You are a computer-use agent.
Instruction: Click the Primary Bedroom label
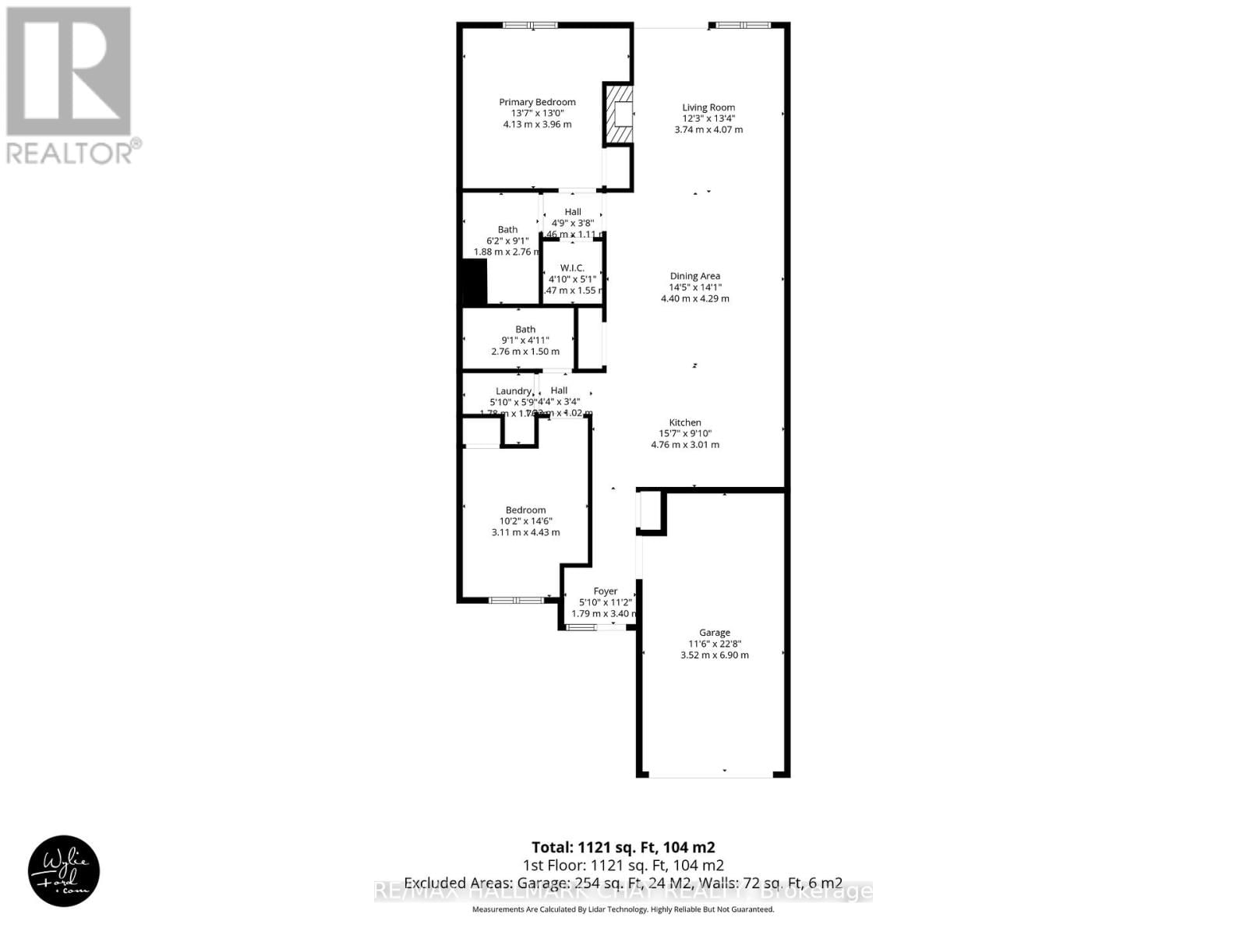click(537, 102)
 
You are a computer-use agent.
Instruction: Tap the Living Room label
click(708, 108)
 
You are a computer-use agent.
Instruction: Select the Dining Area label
click(695, 276)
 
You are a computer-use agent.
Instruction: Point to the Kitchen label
click(685, 422)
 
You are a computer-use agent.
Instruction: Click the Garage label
click(715, 633)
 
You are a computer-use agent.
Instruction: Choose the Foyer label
click(606, 591)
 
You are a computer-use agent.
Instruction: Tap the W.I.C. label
click(572, 268)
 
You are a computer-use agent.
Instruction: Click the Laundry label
click(514, 391)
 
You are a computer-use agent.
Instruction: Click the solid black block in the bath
click(475, 282)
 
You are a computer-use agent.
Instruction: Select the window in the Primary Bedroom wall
click(530, 25)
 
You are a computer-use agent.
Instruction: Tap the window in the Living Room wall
click(744, 25)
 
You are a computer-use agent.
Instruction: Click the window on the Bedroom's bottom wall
click(516, 600)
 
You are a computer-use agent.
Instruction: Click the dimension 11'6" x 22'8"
click(715, 644)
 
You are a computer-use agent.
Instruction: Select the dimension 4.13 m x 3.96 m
click(537, 125)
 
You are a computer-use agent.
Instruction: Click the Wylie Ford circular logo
click(64, 873)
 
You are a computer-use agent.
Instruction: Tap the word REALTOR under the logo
click(70, 153)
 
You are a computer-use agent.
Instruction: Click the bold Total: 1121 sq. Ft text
click(623, 848)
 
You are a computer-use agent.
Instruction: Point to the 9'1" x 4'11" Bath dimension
click(525, 340)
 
